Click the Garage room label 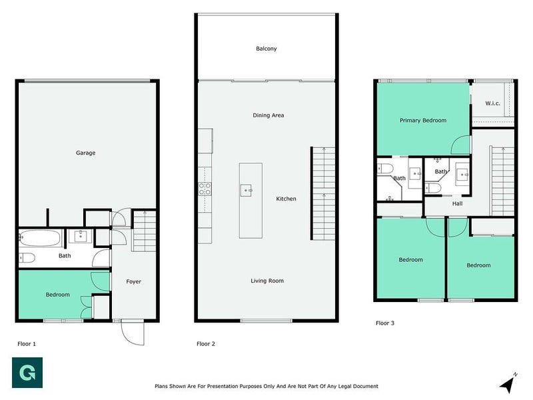(x=85, y=153)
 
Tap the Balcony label (x=266, y=49)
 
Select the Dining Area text (x=268, y=115)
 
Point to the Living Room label (x=267, y=281)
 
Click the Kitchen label (x=286, y=199)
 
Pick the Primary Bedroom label (x=423, y=121)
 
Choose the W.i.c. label (x=493, y=103)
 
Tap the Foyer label (x=134, y=281)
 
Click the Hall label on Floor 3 (x=458, y=204)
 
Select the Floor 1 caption (x=27, y=343)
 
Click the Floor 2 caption (x=206, y=343)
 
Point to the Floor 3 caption (x=385, y=323)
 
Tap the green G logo (x=27, y=373)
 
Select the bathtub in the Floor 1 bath (x=41, y=236)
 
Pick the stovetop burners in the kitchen (x=205, y=189)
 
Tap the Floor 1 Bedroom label (x=57, y=295)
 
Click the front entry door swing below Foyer (x=133, y=331)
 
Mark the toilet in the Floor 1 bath (x=27, y=257)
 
